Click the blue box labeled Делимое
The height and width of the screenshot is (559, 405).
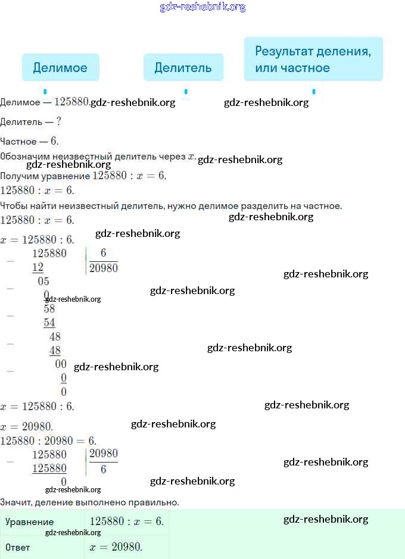[60, 67]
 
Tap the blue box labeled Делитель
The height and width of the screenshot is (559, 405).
[183, 67]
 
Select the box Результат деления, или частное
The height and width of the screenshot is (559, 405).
[313, 59]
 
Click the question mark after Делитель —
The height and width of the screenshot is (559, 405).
[58, 121]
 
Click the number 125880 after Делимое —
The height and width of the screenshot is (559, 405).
[71, 102]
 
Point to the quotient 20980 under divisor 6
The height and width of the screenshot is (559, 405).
[104, 268]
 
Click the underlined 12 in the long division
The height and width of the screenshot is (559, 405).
[38, 268]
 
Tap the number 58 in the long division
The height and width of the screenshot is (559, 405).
[49, 308]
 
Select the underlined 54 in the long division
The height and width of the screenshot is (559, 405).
[49, 323]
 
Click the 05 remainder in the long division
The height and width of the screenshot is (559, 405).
[43, 282]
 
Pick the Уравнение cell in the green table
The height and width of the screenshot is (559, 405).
[29, 522]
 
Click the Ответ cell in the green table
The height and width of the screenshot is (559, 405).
[17, 547]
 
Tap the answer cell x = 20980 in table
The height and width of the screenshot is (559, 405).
[116, 547]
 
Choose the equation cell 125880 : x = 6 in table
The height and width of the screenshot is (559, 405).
[126, 521]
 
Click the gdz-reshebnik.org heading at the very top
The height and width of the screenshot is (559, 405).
[202, 7]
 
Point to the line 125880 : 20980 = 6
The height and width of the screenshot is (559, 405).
[48, 441]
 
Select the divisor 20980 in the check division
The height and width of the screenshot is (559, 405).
[104, 454]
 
